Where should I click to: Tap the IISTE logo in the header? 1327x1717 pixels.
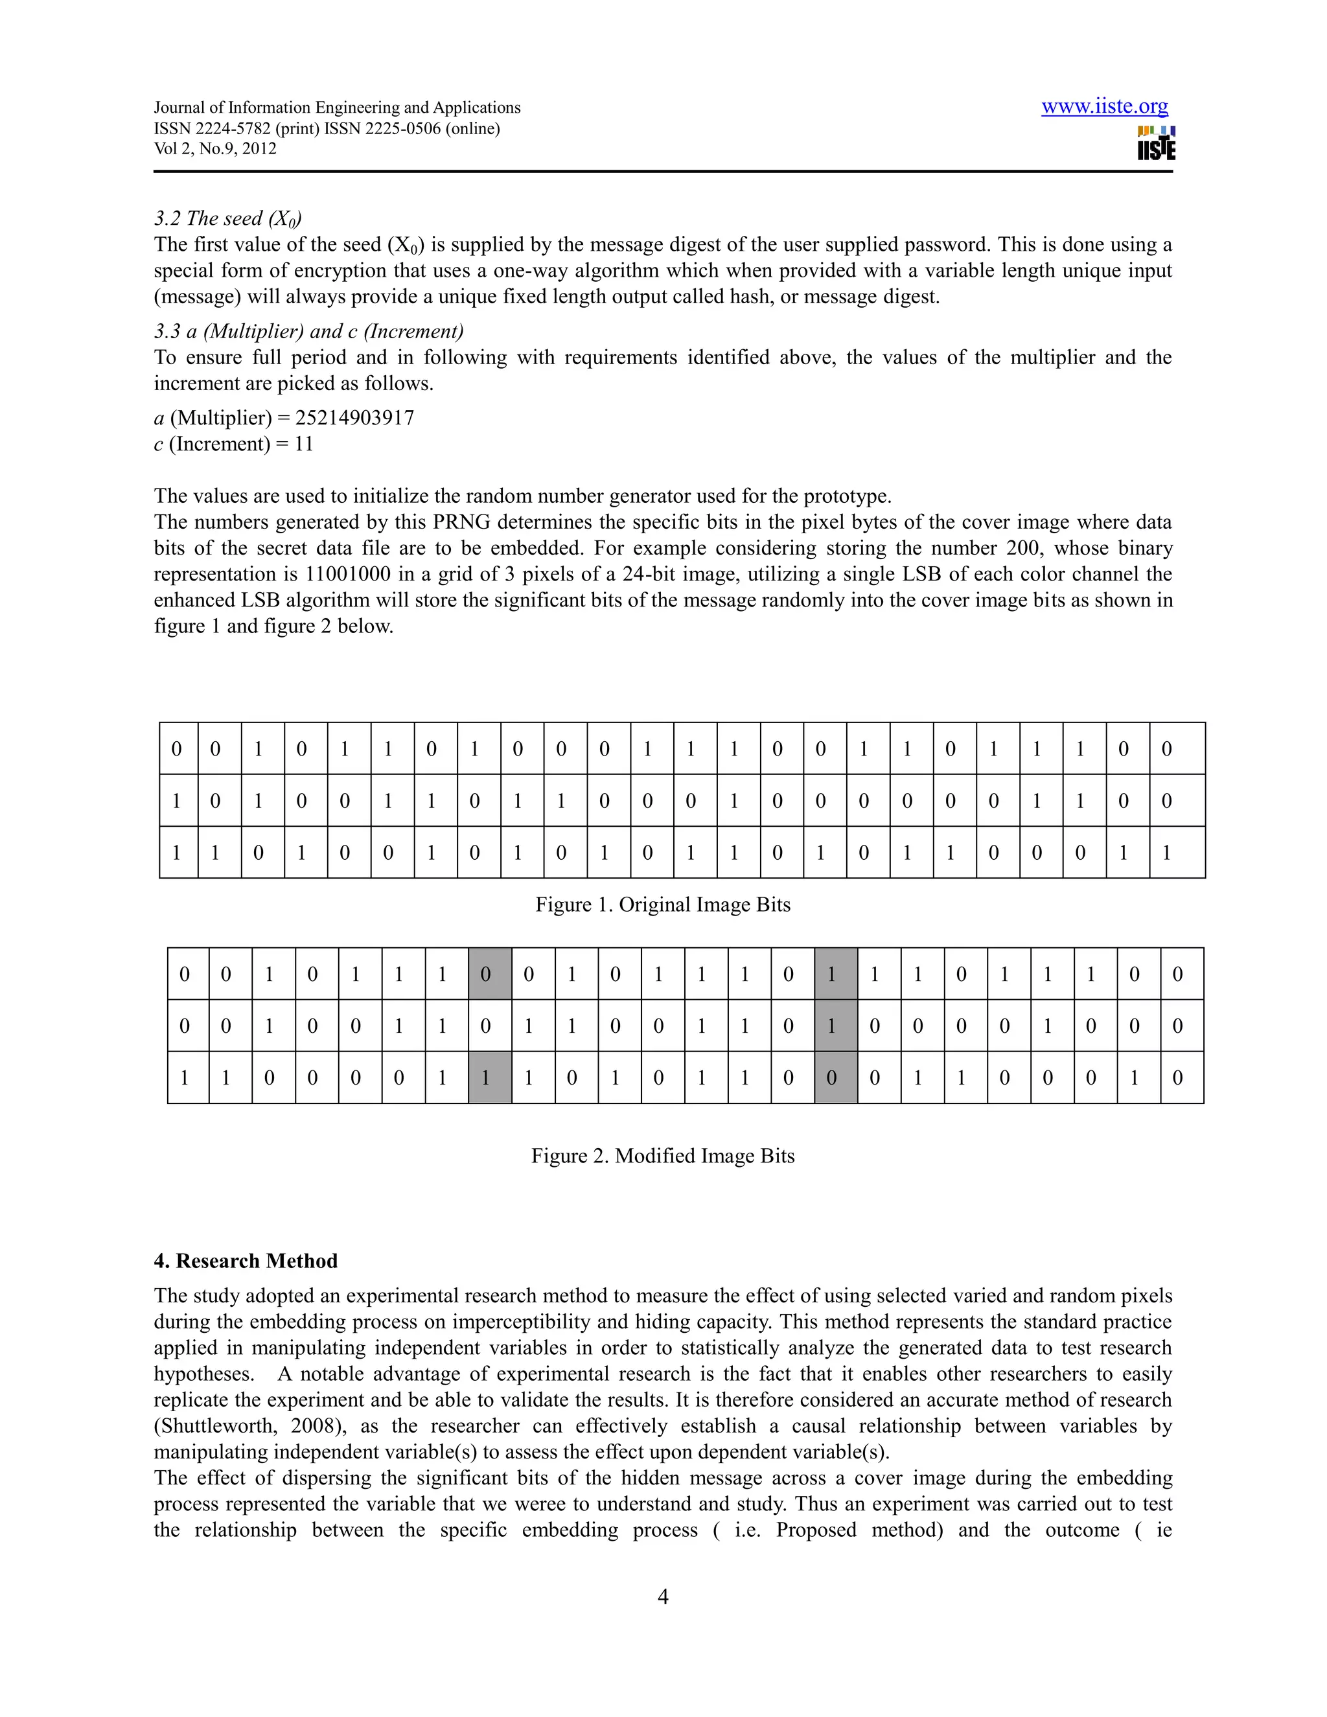[1156, 143]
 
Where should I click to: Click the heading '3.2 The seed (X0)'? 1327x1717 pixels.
[228, 218]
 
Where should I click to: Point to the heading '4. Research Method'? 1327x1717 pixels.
[246, 1261]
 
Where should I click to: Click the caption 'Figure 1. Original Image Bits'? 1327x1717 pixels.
[663, 905]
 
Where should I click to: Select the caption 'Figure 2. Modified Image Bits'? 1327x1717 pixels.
[663, 1156]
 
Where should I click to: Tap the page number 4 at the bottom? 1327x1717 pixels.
[663, 1596]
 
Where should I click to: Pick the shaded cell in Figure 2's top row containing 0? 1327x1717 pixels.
[490, 974]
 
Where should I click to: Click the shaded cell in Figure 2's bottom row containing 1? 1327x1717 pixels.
[490, 1078]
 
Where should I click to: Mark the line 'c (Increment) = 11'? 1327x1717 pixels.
[233, 444]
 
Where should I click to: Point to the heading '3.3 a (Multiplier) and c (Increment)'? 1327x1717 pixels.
[308, 331]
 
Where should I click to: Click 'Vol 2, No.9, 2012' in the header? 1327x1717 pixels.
[214, 148]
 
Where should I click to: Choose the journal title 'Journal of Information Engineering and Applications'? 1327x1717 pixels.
[336, 108]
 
